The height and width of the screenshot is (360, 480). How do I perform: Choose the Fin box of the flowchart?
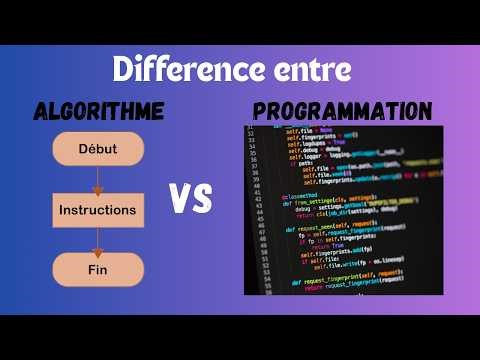(97, 269)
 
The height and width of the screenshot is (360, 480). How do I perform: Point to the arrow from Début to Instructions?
(98, 180)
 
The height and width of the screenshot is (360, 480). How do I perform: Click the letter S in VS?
(203, 200)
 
